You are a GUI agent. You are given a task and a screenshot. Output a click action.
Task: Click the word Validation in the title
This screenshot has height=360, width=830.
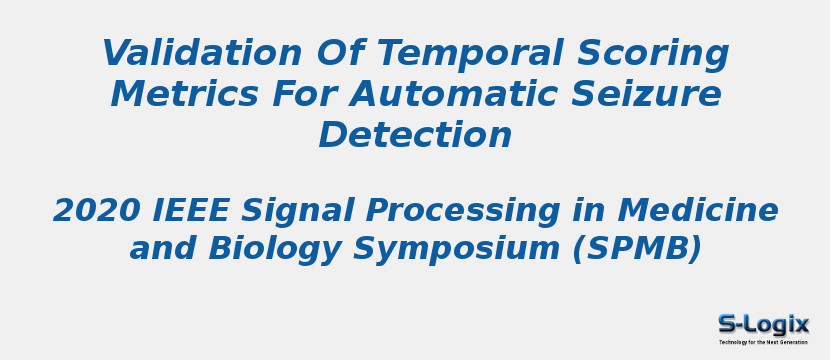tap(201, 53)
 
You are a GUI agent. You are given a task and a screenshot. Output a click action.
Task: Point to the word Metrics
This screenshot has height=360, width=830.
tap(185, 94)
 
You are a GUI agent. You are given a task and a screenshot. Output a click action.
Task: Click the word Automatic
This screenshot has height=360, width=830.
tap(453, 94)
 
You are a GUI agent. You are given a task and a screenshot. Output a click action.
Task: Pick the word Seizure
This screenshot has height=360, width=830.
tap(646, 94)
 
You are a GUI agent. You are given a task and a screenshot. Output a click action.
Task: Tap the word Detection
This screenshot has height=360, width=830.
tap(415, 134)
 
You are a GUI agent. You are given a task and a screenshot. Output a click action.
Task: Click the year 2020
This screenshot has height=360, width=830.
tap(96, 210)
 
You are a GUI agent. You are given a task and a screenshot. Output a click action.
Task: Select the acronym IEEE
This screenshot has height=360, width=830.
tap(190, 210)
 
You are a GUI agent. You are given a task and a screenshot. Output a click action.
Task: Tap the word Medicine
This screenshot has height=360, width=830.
tap(698, 210)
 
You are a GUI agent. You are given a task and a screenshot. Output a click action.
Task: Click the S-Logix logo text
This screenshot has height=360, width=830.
tap(763, 324)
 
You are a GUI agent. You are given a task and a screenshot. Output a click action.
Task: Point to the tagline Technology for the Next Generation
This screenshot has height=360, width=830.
tap(763, 343)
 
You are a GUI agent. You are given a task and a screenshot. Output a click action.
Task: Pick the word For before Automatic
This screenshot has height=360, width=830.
tap(304, 94)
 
